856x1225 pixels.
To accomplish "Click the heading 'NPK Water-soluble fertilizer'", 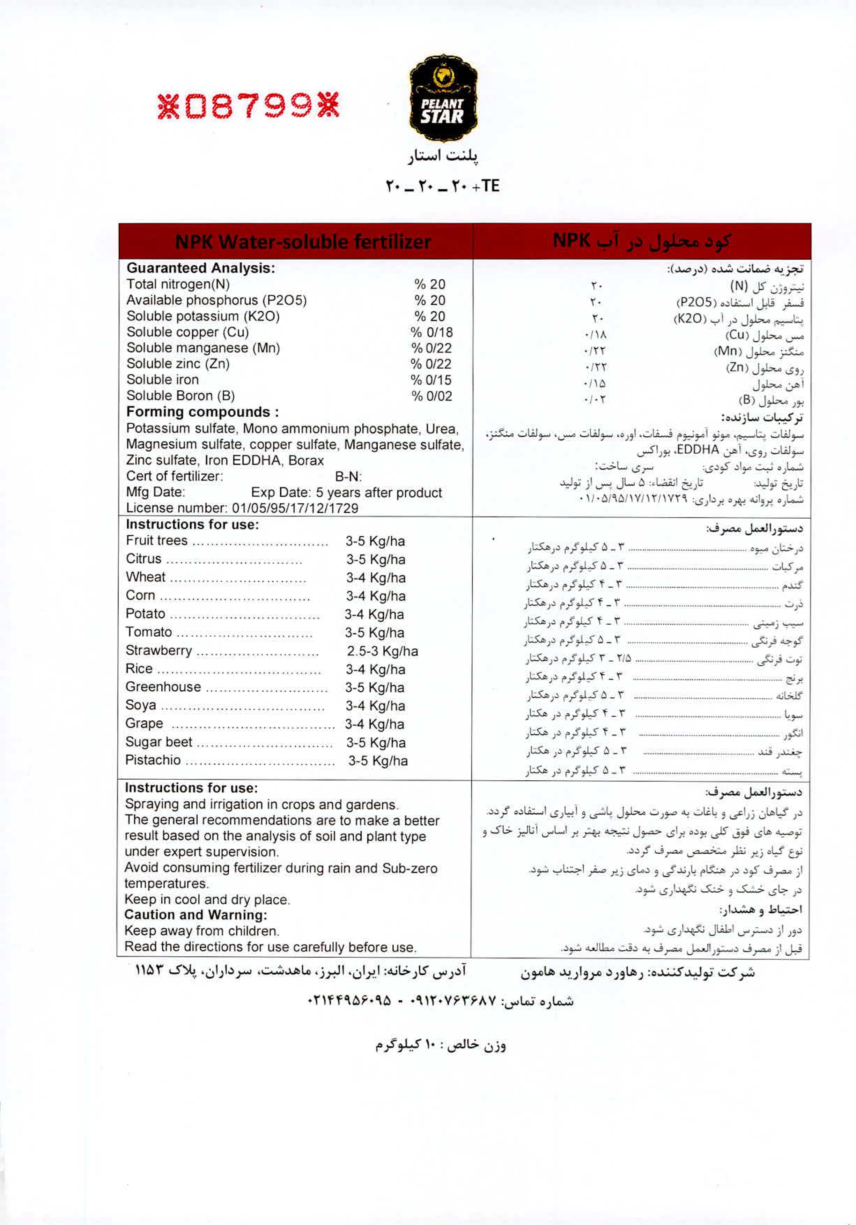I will click(x=303, y=242).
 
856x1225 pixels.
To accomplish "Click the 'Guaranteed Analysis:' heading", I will click(x=201, y=268).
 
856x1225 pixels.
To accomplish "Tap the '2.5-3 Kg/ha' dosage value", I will click(x=382, y=651).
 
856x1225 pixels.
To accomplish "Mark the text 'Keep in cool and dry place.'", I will click(x=207, y=899).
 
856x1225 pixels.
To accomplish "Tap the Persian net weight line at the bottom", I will click(x=440, y=1044).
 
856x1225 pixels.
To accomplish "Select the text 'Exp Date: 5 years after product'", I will click(x=346, y=492).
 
